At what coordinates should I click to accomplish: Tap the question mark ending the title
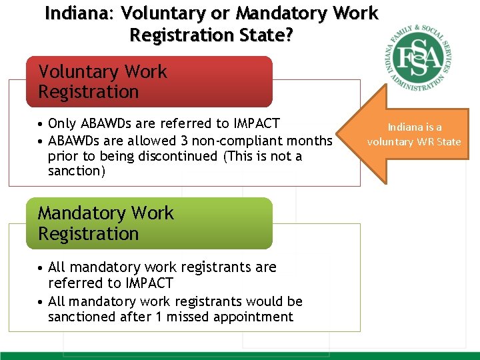289,35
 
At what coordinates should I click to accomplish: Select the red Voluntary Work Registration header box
149,81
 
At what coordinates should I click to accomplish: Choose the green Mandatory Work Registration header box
149,223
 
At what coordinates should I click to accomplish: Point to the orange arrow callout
407,133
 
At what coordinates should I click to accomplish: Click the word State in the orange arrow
448,141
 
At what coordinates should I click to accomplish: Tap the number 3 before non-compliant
185,141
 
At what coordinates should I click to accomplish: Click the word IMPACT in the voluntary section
257,124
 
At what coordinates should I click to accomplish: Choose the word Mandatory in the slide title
298,13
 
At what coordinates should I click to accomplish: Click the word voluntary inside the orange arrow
391,141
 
